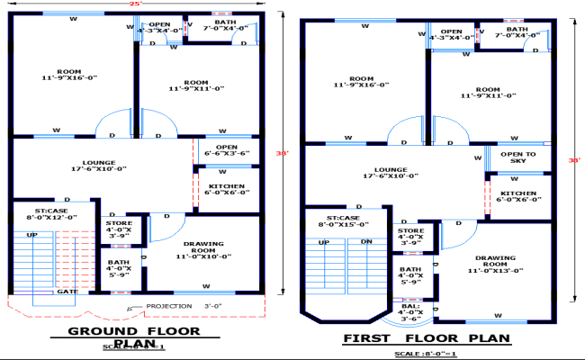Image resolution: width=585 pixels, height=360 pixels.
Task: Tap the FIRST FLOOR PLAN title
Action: (427, 338)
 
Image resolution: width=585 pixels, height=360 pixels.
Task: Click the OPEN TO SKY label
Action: (517, 158)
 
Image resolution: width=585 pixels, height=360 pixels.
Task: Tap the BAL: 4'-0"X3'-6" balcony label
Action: (409, 314)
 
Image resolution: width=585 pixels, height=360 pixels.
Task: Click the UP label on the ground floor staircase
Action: (31, 234)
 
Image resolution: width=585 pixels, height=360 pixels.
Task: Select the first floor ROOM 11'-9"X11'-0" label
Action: (488, 93)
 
